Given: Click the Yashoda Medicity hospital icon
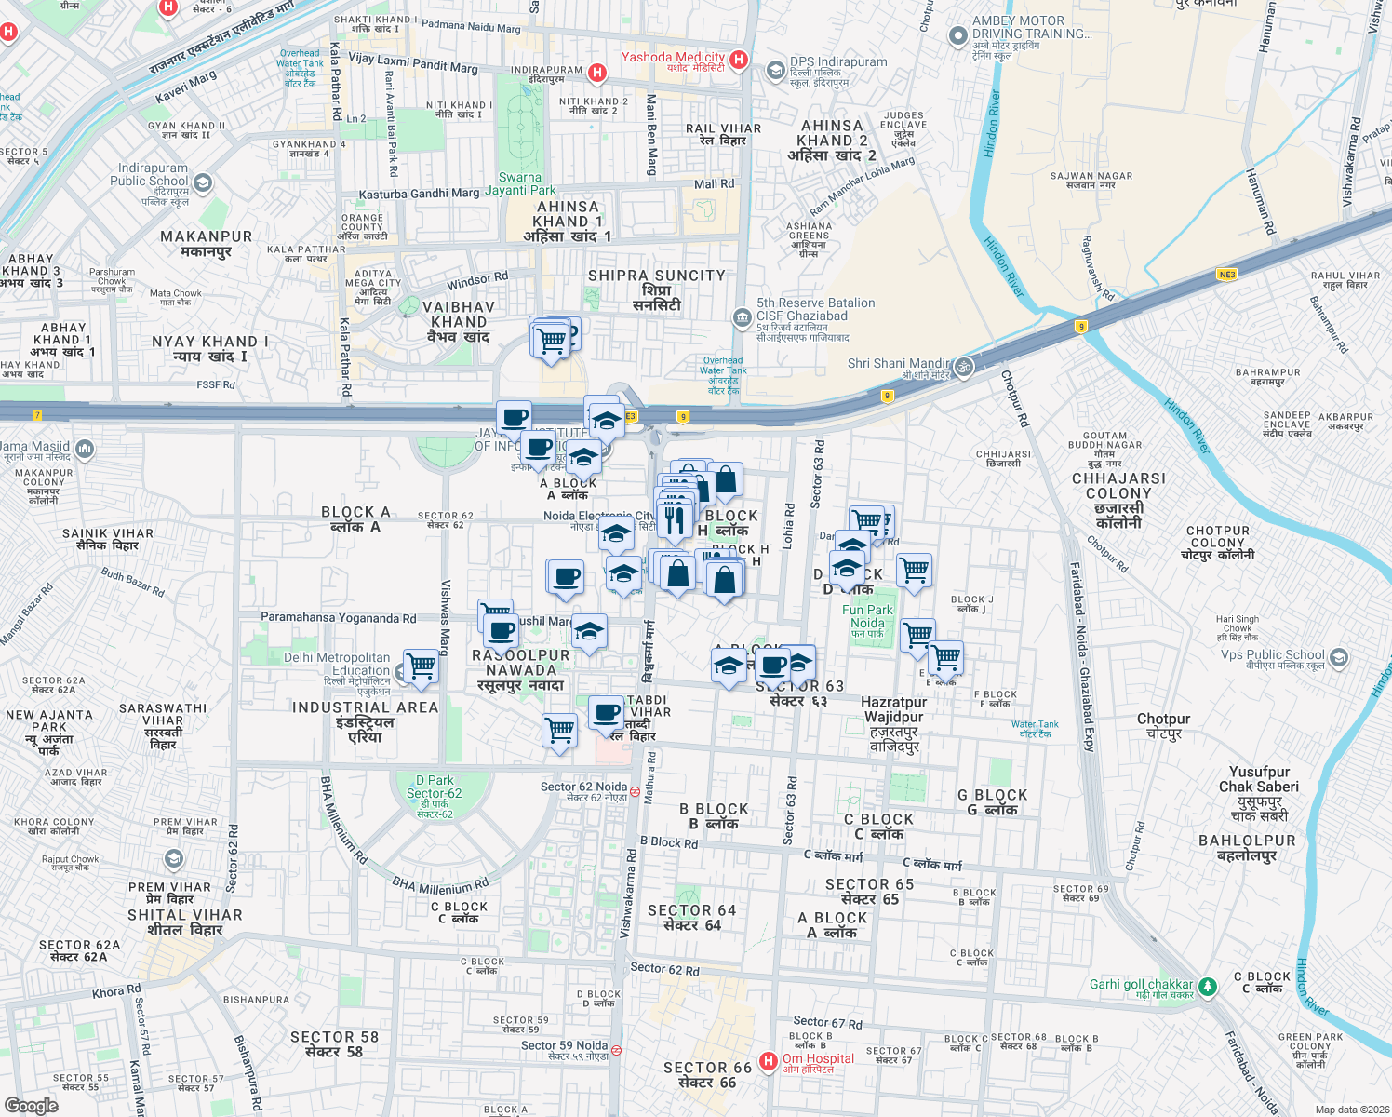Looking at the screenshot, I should click(x=739, y=60).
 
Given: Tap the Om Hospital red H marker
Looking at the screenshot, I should click(x=769, y=1061).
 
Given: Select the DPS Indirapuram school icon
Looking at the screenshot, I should click(x=775, y=71).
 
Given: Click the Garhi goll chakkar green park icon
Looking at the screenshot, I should click(x=1208, y=986).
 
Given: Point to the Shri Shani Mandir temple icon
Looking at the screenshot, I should click(x=963, y=366).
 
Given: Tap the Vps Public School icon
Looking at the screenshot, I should click(x=1338, y=658).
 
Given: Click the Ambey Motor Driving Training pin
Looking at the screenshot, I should click(x=958, y=36).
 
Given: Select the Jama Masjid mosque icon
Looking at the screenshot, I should click(x=85, y=451).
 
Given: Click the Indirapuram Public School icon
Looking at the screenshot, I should click(x=203, y=183).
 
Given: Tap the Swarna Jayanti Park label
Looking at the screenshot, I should click(x=520, y=183).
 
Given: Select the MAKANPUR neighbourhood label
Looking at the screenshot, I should click(x=206, y=243).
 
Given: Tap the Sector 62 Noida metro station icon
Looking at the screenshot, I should click(x=635, y=791).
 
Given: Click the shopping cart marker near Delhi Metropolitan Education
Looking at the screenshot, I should click(x=421, y=666).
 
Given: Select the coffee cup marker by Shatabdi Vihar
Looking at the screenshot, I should click(x=607, y=713).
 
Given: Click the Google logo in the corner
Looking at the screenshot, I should click(x=32, y=1106).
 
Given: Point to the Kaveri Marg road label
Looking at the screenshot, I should click(x=186, y=87).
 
